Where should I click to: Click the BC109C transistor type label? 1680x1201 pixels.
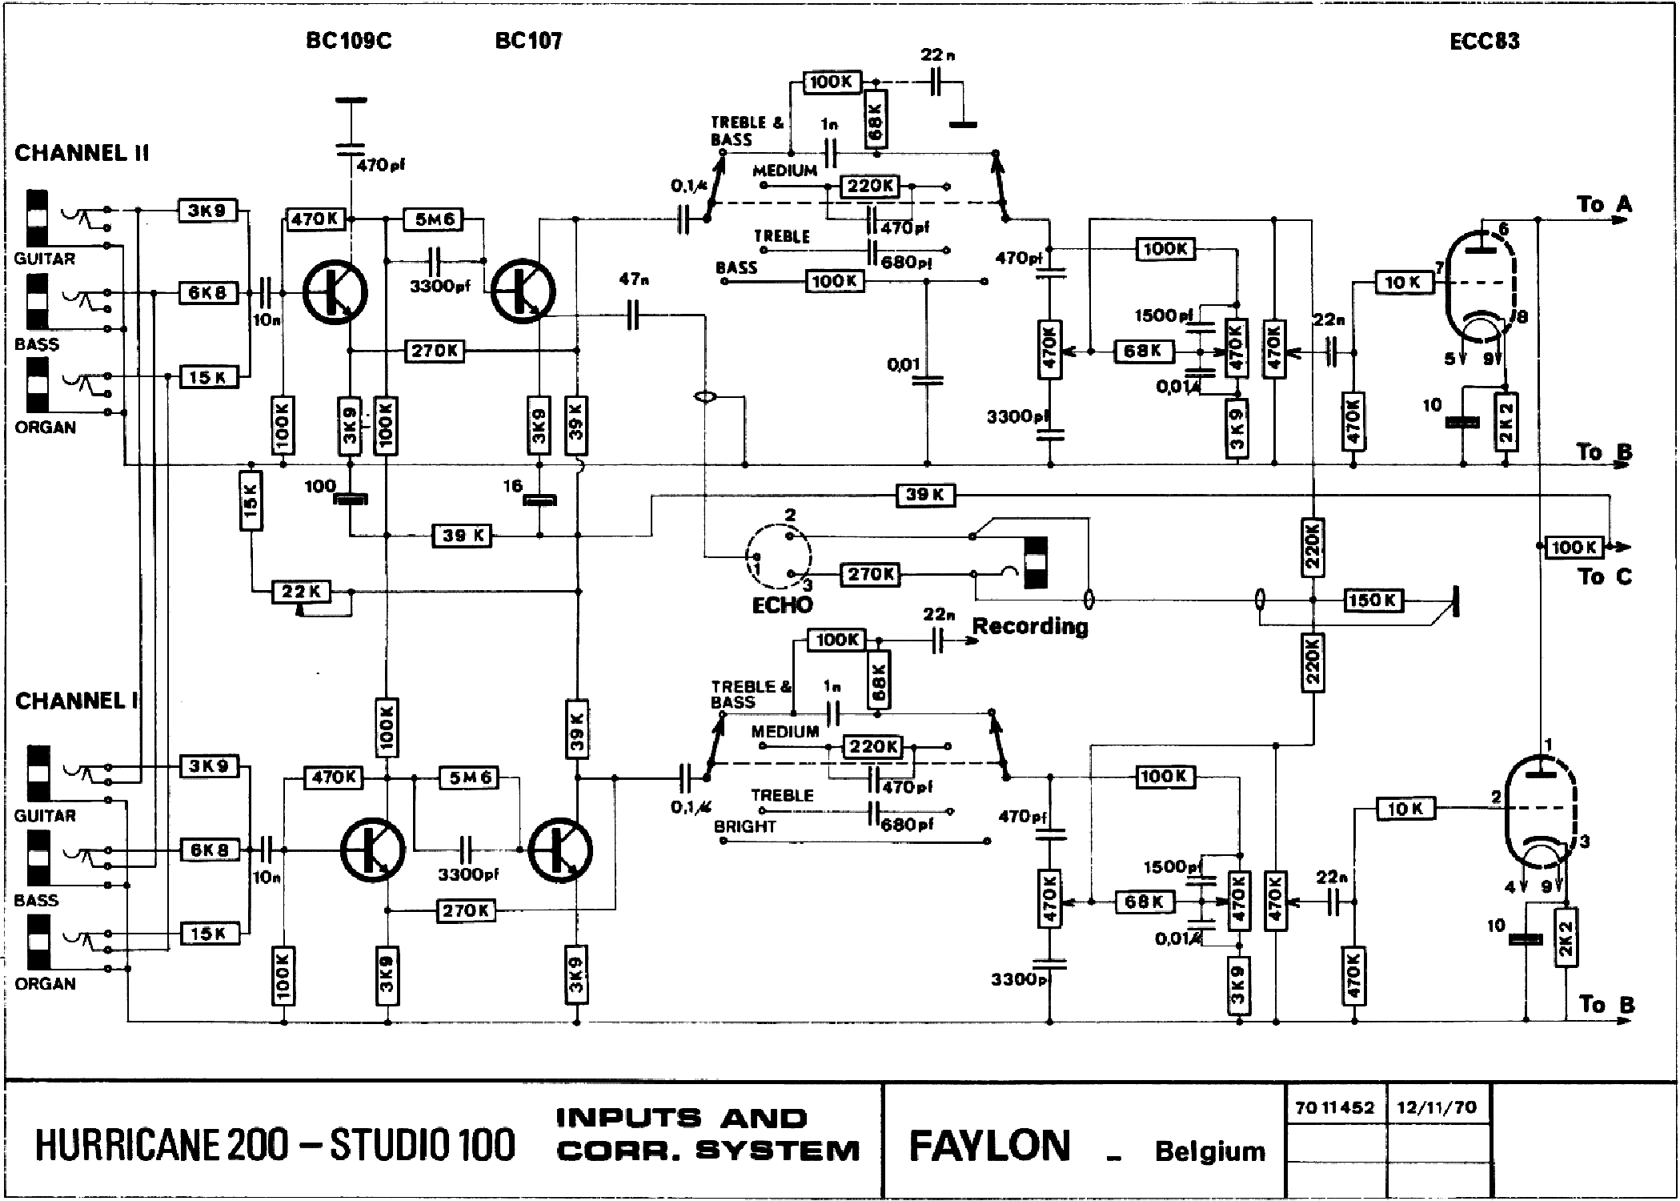coord(349,41)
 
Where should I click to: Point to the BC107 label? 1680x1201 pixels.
coord(528,41)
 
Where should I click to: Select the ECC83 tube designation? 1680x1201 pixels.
coord(1484,42)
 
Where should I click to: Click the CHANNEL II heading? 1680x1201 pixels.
coord(82,153)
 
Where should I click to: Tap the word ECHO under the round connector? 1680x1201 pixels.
coord(782,605)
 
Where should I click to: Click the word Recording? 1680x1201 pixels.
coord(1030,626)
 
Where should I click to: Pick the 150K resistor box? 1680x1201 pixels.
coord(1373,600)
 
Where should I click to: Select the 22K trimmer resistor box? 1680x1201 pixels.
coord(301,592)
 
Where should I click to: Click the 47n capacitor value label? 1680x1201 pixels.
coord(633,279)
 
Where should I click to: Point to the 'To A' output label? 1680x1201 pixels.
coord(1604,205)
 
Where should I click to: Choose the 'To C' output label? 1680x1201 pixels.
coord(1604,576)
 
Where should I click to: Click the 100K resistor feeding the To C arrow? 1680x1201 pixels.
coord(1574,548)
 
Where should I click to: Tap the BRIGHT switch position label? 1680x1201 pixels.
coord(745,826)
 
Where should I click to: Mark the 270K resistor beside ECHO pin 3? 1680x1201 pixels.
coord(870,574)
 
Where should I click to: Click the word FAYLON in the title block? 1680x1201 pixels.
coord(989,1146)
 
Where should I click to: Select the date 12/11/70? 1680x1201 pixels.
coord(1437,1108)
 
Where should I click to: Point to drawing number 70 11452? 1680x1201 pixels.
coord(1334,1108)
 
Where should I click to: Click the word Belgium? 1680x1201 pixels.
coord(1210,1151)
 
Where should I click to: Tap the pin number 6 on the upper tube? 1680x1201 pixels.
coord(1504,230)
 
